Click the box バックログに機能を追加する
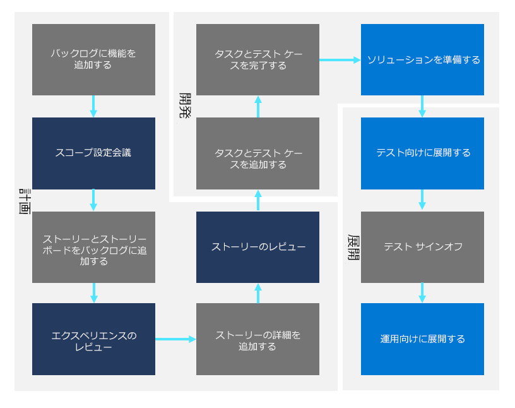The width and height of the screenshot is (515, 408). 93,59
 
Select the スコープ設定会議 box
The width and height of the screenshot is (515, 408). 93,153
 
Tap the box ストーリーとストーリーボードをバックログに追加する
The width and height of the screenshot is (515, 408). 93,247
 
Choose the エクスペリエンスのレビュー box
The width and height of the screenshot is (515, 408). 93,339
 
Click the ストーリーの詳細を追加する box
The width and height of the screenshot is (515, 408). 257,339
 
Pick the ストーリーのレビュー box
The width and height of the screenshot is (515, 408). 257,247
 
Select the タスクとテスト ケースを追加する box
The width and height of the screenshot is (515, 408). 257,153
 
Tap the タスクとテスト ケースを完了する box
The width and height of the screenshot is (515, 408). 257,59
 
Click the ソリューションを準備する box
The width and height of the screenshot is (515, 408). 422,59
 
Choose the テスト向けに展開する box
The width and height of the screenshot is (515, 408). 422,153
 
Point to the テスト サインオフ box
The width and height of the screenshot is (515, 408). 422,247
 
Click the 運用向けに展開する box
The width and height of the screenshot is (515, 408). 422,339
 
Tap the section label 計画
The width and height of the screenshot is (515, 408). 25,201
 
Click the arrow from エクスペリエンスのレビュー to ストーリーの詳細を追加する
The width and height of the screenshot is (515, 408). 175,339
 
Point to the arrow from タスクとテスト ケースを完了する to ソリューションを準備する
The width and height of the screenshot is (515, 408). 340,60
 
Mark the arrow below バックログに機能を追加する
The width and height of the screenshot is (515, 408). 93,106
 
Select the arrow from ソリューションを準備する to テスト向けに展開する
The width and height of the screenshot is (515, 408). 422,106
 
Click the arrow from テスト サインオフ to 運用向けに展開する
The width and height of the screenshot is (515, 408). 422,292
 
